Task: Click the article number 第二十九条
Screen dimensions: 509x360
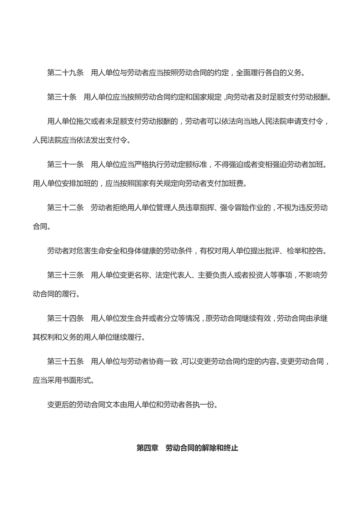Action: tap(65, 72)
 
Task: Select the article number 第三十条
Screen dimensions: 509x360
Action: tap(62, 98)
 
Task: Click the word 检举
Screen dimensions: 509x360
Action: tap(288, 250)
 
